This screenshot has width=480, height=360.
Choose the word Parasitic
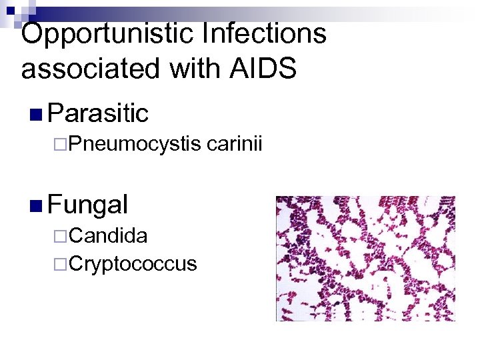(x=98, y=114)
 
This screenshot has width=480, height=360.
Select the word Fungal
(x=88, y=204)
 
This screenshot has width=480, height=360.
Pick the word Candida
(x=108, y=235)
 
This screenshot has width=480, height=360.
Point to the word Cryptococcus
(x=133, y=264)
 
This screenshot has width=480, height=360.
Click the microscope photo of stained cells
(x=365, y=258)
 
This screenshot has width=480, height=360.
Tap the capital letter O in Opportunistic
(x=34, y=33)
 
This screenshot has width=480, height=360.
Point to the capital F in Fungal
(x=55, y=204)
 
